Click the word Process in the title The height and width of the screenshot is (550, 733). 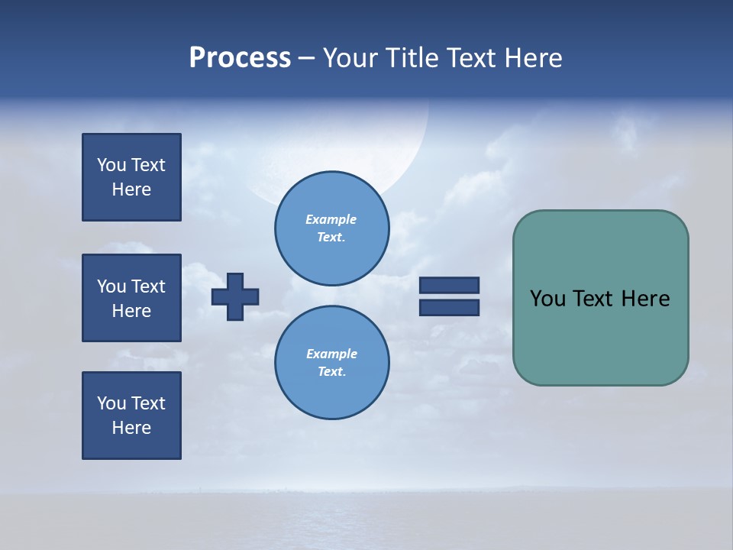(240, 58)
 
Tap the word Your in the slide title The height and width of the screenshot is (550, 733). (348, 58)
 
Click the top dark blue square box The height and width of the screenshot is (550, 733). (131, 177)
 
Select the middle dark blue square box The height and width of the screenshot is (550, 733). (131, 298)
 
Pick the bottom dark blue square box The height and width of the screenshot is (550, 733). (131, 416)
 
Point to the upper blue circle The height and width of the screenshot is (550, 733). (332, 228)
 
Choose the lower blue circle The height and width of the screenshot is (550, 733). (332, 363)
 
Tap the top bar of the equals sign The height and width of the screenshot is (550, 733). (449, 285)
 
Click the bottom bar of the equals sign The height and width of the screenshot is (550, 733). (449, 307)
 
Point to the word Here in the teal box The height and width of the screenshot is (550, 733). (645, 299)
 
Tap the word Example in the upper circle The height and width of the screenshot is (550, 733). (331, 219)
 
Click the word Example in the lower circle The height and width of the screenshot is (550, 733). (331, 354)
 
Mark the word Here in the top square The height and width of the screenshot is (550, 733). (131, 189)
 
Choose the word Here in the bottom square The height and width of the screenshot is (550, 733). (131, 428)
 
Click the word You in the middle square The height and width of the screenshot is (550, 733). (111, 286)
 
